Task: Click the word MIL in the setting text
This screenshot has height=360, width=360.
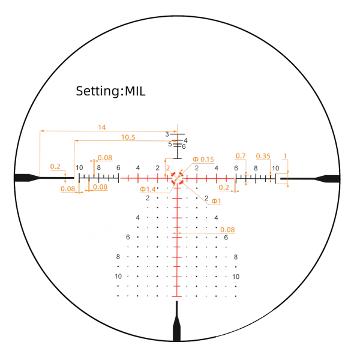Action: pyautogui.click(x=135, y=91)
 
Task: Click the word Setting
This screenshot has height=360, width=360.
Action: pyautogui.click(x=98, y=92)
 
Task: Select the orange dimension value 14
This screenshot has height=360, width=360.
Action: pyautogui.click(x=102, y=127)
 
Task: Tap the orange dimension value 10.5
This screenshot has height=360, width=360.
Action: pyautogui.click(x=128, y=137)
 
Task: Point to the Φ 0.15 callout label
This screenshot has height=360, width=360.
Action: pyautogui.click(x=203, y=160)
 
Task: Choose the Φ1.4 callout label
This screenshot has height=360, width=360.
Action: pyautogui.click(x=148, y=190)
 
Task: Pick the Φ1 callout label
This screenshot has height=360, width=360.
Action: pyautogui.click(x=216, y=201)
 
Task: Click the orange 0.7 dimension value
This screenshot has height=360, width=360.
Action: pyautogui.click(x=241, y=156)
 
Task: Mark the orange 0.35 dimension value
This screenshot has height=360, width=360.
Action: pyautogui.click(x=263, y=156)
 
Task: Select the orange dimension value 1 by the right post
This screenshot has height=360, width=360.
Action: pyautogui.click(x=285, y=156)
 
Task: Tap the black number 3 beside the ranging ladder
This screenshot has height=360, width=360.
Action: pyautogui.click(x=167, y=134)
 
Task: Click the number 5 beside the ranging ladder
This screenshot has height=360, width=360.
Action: pyautogui.click(x=170, y=144)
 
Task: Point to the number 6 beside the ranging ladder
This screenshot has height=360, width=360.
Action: pyautogui.click(x=184, y=147)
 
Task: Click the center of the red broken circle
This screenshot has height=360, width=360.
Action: pyautogui.click(x=177, y=178)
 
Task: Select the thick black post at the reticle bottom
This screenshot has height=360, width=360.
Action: pyautogui.click(x=176, y=321)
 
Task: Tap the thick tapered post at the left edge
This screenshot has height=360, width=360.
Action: pyautogui.click(x=27, y=178)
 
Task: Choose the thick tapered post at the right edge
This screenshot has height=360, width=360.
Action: pyautogui.click(x=327, y=179)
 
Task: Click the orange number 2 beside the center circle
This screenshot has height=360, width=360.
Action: pyautogui.click(x=168, y=168)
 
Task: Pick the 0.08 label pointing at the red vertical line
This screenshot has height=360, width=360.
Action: pyautogui.click(x=227, y=230)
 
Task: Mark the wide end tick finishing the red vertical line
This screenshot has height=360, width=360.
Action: pyautogui.click(x=177, y=296)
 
